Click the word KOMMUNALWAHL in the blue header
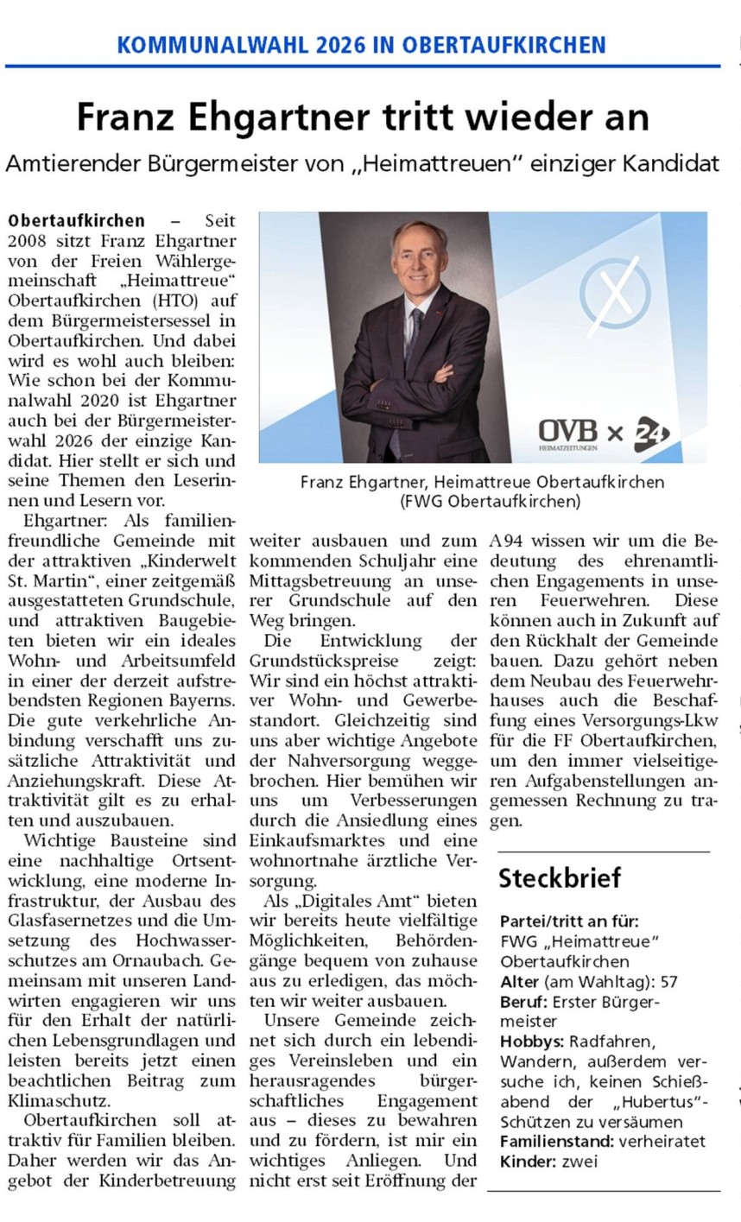pos(197,45)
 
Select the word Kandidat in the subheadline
pos(676,163)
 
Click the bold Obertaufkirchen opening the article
pos(76,221)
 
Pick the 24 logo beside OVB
pos(652,432)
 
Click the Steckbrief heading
pos(560,878)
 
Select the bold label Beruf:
pos(524,1002)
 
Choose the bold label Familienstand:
pos(557,1141)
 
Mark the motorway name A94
pos(507,541)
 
